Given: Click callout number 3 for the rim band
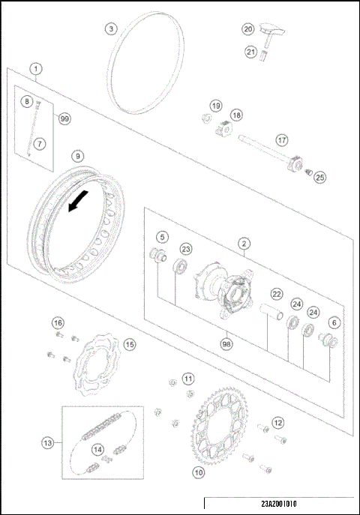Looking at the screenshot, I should [111, 28].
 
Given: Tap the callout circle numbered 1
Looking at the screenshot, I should [35, 68].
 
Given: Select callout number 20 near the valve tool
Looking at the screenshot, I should [249, 28].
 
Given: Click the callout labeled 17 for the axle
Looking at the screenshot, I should [282, 140].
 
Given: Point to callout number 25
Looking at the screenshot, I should [319, 177].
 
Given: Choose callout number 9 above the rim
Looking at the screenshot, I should [77, 156].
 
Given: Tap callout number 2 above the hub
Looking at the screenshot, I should [244, 243].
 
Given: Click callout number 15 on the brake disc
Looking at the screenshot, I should [130, 345].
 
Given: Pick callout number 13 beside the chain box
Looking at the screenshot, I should [47, 443].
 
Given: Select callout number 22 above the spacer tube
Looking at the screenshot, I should [277, 294].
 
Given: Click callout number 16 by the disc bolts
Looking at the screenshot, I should [58, 322].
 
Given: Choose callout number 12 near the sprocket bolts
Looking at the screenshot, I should [278, 423].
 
